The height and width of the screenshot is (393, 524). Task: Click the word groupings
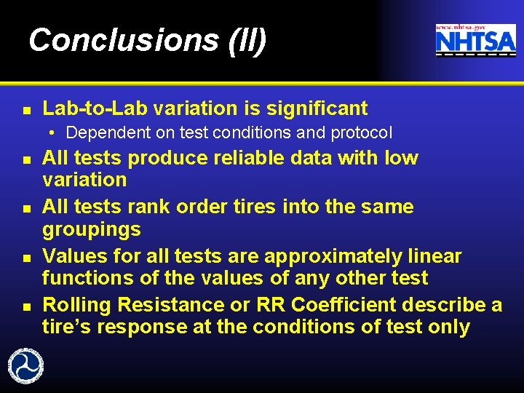(x=92, y=229)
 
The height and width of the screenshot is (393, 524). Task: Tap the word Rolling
(x=77, y=305)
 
